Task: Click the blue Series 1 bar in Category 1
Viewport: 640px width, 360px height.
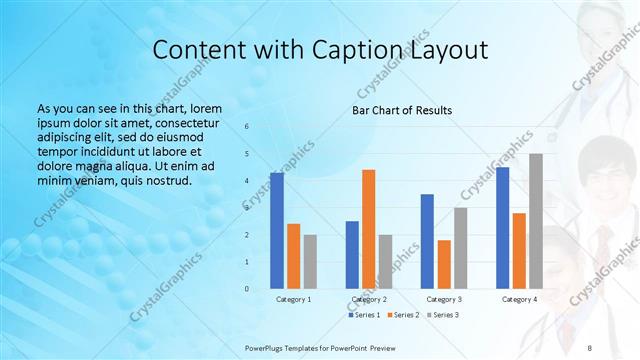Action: [x=277, y=231]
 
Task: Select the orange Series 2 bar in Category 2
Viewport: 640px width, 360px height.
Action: [x=369, y=229]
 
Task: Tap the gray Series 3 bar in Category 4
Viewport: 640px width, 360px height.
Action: [x=536, y=221]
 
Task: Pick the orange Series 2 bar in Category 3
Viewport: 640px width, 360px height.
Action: [x=444, y=264]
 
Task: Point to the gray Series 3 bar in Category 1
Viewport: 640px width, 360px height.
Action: [x=310, y=262]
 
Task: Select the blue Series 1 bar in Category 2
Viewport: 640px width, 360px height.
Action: [x=352, y=255]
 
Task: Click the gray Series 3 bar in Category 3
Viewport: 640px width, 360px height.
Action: [x=461, y=248]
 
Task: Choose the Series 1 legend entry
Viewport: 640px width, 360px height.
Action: [x=364, y=315]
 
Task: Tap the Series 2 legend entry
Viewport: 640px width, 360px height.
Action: [x=402, y=315]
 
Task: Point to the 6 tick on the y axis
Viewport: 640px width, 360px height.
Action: [x=247, y=127]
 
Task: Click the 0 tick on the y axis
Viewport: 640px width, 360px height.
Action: [x=247, y=289]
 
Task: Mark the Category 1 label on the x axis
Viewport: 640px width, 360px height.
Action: [x=293, y=299]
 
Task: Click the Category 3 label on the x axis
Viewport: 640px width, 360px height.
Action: [x=444, y=299]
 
